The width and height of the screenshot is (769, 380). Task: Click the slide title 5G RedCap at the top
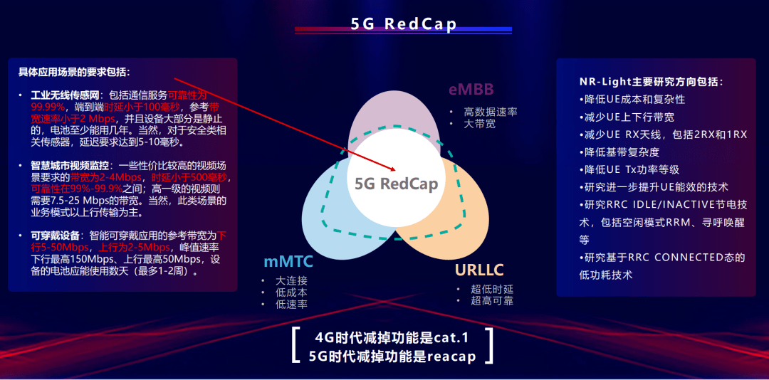tap(403, 23)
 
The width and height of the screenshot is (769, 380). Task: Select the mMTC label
tap(288, 262)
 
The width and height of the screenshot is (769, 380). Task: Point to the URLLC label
tap(479, 270)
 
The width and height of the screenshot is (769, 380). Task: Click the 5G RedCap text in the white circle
tap(396, 184)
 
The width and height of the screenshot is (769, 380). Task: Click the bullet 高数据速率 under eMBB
tap(490, 112)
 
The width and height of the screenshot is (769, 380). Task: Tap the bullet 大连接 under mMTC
tap(291, 280)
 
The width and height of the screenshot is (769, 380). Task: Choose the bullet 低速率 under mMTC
tap(291, 305)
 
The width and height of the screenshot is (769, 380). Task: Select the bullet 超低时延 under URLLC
tap(491, 289)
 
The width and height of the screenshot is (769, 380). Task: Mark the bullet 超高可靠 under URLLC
tap(491, 301)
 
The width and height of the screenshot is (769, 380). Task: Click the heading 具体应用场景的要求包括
tap(74, 73)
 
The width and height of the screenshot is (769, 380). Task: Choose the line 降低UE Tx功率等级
tap(629, 169)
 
